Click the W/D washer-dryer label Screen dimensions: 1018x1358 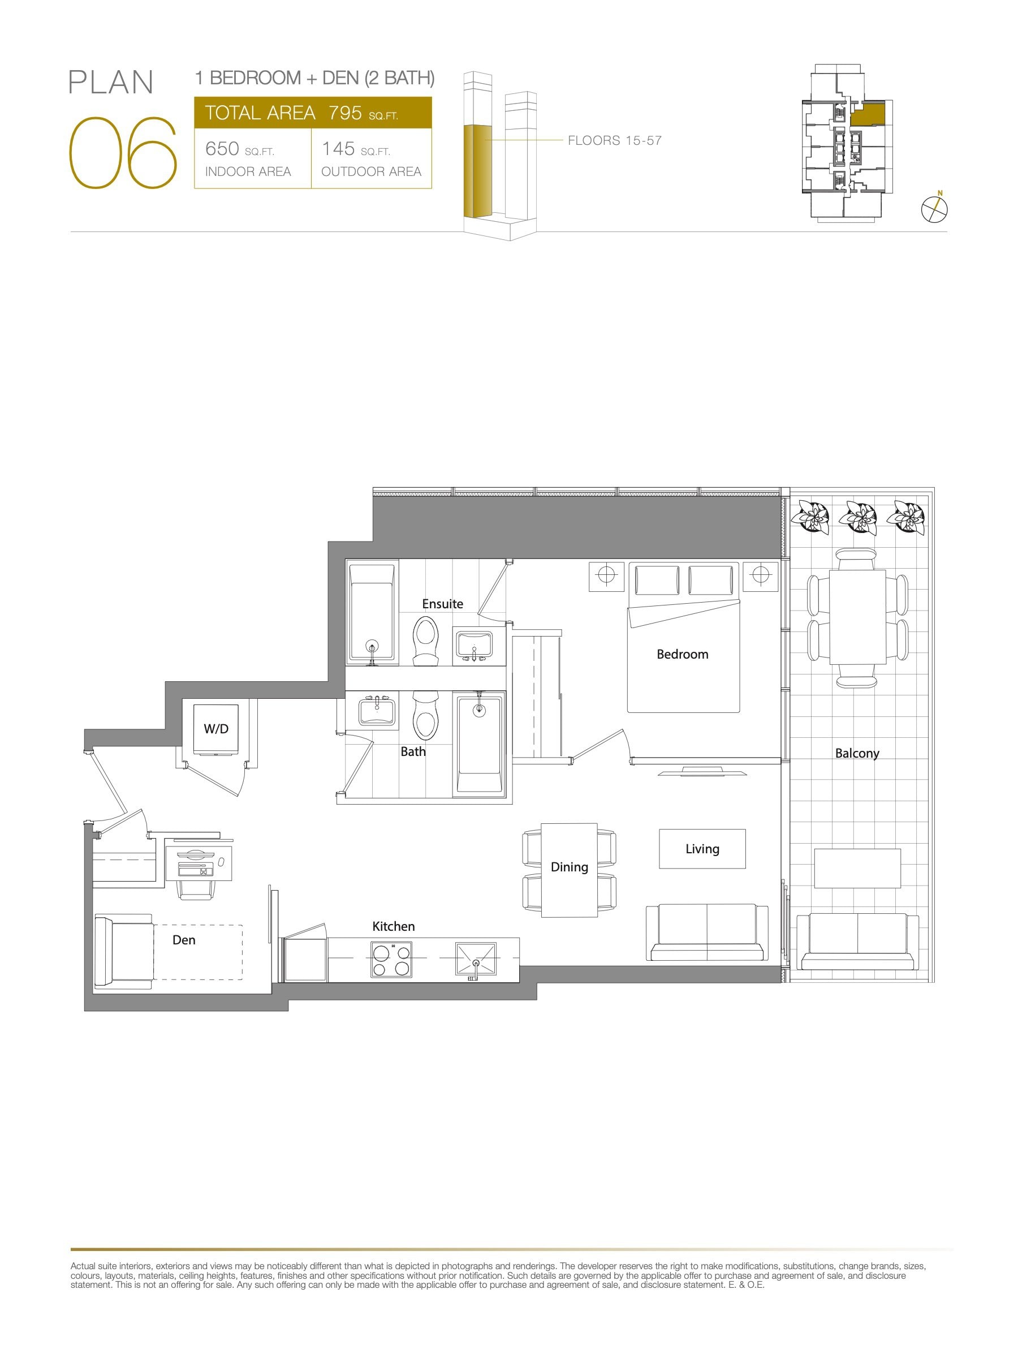pos(216,729)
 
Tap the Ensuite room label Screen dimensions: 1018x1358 pos(442,604)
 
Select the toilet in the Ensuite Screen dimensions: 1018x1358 pos(425,641)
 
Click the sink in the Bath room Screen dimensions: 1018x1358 pos(377,711)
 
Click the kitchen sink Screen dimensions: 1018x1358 pos(476,960)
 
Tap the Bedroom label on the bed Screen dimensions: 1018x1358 pos(683,655)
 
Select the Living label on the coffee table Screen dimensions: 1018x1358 pos(702,849)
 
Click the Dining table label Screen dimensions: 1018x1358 pos(570,867)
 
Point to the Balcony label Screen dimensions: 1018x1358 pos(857,753)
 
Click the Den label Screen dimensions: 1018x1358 pos(183,940)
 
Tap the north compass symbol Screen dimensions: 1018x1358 pos(934,208)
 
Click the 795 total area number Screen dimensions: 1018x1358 pos(345,113)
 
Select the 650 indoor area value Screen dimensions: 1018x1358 pos(222,149)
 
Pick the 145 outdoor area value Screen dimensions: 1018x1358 pos(338,149)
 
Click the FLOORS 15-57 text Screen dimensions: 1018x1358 pos(615,140)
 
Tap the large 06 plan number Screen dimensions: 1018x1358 pos(123,152)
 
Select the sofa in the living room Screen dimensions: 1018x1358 pos(707,932)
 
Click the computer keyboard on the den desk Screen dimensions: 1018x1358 pos(195,869)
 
